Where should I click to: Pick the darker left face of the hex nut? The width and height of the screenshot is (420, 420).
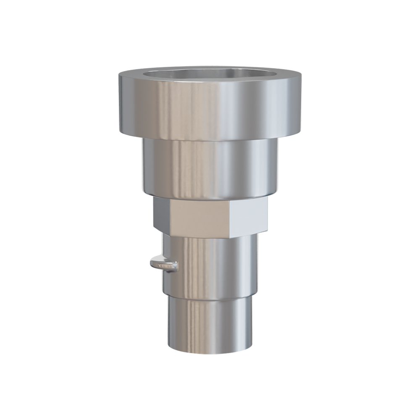click(x=161, y=215)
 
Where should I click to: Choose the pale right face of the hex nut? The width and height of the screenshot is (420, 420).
click(x=248, y=216)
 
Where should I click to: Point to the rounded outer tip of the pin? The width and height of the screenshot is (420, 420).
click(x=152, y=264)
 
